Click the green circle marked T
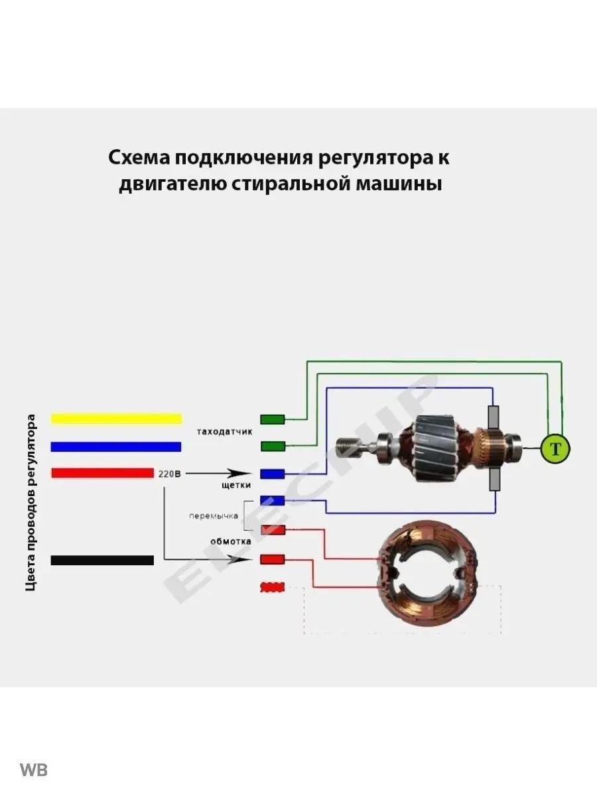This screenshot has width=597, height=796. click(x=555, y=450)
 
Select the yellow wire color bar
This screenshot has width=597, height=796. click(x=116, y=419)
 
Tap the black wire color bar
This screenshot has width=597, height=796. click(x=102, y=560)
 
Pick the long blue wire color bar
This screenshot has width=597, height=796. click(x=116, y=446)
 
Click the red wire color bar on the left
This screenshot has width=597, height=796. click(x=102, y=473)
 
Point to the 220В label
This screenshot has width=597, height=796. click(x=170, y=474)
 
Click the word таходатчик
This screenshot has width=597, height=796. click(x=225, y=432)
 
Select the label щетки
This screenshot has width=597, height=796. click(x=236, y=485)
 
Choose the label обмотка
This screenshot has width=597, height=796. click(x=230, y=541)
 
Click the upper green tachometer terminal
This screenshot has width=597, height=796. click(x=272, y=419)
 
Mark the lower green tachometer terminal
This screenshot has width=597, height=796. click(x=272, y=446)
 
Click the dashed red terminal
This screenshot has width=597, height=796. click(x=272, y=587)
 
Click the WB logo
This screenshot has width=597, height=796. click(x=34, y=770)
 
